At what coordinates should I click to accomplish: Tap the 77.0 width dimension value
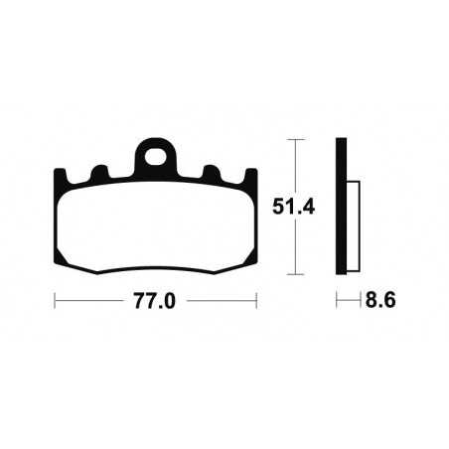coord(155,300)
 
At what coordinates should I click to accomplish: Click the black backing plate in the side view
coord(341,208)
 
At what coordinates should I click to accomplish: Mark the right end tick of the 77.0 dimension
coord(257,299)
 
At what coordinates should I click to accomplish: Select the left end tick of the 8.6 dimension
coord(337,299)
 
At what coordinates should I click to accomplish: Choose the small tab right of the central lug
coord(210,173)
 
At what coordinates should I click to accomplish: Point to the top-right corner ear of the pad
coord(248,179)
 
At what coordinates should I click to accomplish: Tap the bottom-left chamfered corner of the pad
coord(66,260)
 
